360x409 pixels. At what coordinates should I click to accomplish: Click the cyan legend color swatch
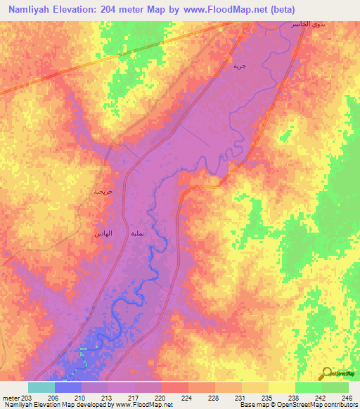[x=41, y=387]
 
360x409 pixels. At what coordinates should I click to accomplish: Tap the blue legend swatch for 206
[x=68, y=387]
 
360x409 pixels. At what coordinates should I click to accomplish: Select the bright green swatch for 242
[x=309, y=387]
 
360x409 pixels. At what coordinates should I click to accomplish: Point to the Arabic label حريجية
[x=103, y=191]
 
